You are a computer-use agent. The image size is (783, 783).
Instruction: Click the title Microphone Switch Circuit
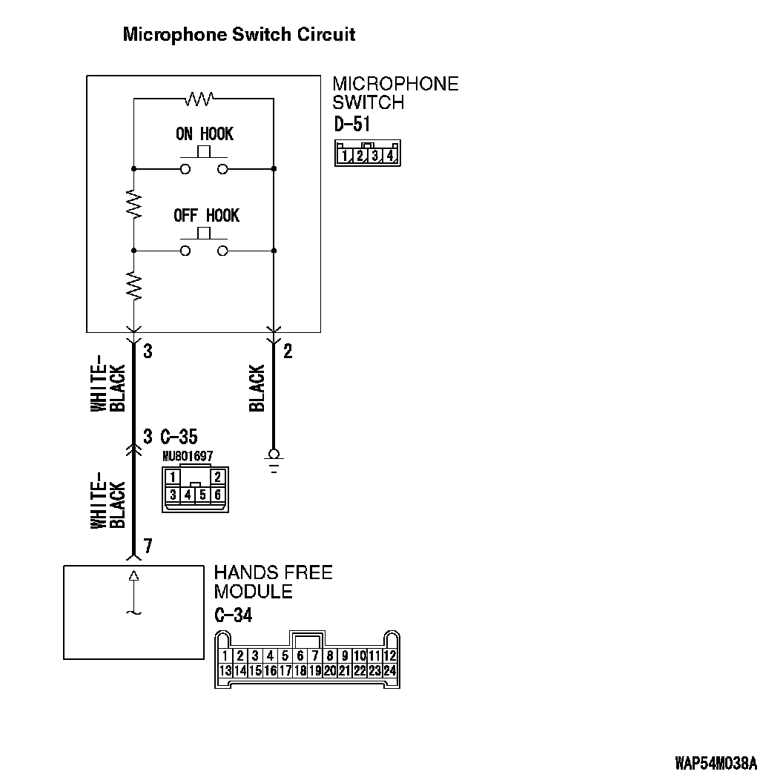239,34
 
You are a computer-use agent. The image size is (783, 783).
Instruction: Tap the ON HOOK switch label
204,134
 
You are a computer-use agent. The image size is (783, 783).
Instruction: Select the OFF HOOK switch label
206,216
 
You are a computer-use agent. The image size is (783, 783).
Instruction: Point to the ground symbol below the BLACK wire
274,459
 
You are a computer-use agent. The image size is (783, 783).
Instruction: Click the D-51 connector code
352,125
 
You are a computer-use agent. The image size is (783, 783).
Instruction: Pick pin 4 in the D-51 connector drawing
390,156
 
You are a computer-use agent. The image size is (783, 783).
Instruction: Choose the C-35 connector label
179,436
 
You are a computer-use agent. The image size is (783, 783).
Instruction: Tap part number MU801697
187,456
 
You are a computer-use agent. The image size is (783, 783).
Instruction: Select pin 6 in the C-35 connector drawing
217,495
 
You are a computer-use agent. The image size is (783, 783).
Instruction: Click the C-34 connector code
233,615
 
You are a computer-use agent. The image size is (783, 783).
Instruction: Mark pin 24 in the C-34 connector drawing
390,670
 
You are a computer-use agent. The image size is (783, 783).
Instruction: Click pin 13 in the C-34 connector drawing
225,670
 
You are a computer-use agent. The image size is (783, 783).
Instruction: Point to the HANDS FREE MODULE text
273,582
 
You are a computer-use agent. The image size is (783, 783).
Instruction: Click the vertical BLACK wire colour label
257,388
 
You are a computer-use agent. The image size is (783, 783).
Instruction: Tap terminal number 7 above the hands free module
148,546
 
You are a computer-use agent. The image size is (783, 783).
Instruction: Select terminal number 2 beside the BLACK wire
288,351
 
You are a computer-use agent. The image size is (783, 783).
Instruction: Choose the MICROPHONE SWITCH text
395,93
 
